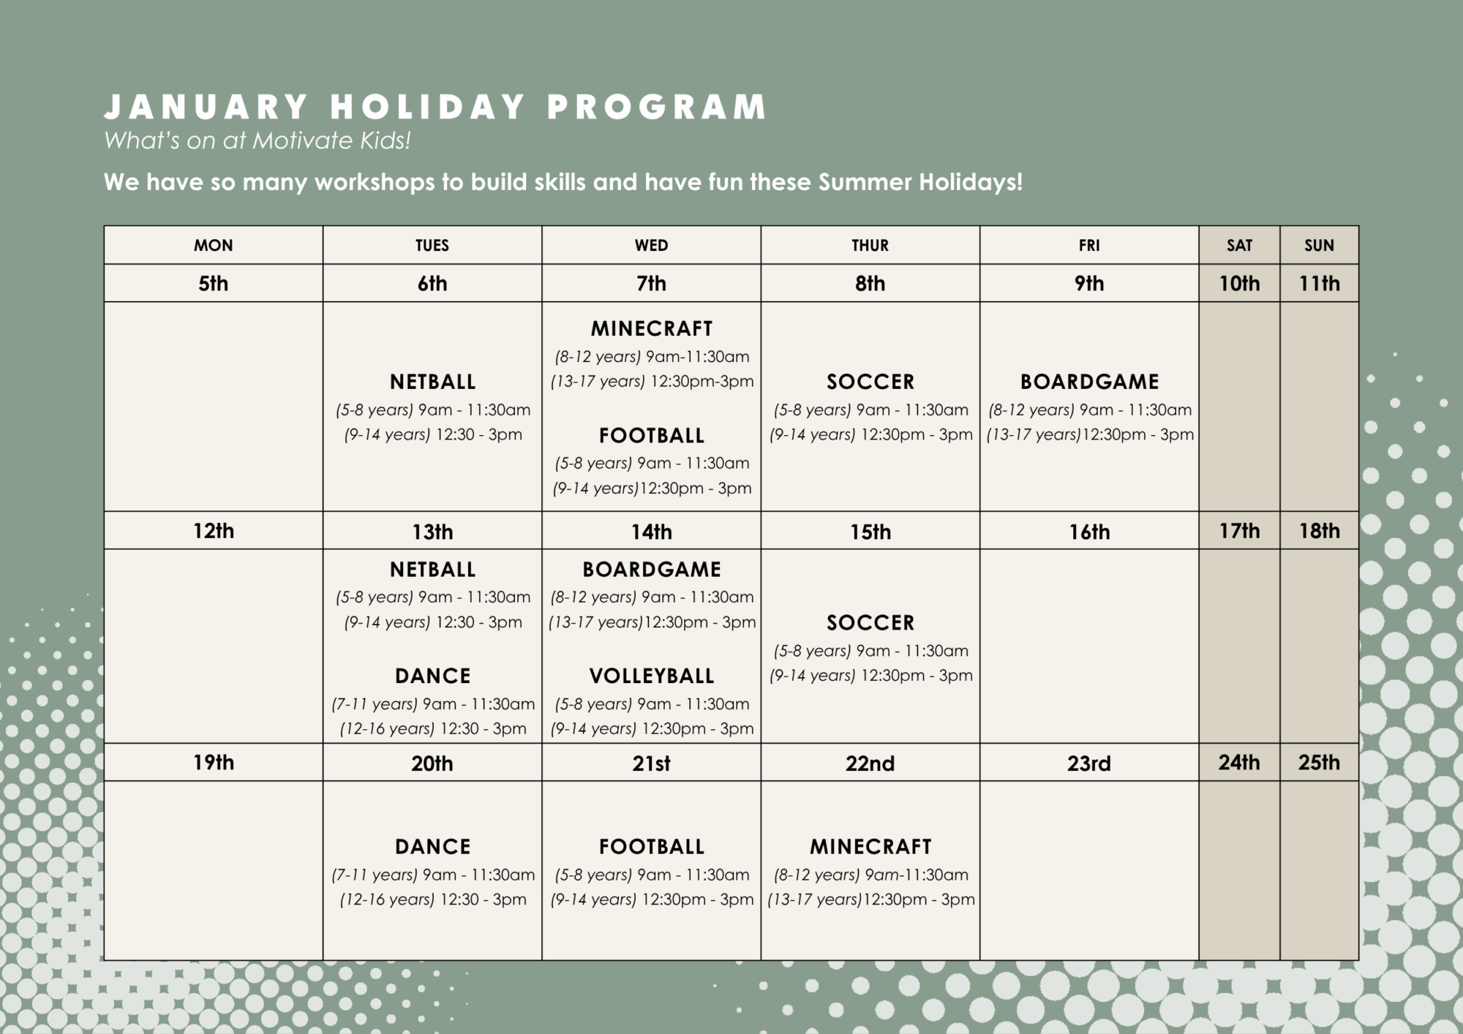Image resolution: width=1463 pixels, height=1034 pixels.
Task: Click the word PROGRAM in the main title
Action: [x=657, y=107]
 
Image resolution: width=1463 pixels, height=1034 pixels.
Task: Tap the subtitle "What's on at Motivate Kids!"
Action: [x=257, y=140]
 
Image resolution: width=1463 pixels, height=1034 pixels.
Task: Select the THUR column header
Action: [x=870, y=246]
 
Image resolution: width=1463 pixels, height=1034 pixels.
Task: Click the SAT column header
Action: [x=1239, y=246]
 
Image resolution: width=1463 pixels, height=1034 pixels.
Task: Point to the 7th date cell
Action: [x=651, y=283]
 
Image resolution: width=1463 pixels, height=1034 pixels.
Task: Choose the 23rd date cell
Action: [x=1089, y=763]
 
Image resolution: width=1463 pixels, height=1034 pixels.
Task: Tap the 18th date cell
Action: [x=1319, y=530]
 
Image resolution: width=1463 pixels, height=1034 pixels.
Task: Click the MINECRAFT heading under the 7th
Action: [x=652, y=329]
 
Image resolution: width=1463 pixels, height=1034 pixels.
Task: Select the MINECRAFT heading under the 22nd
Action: [x=870, y=847]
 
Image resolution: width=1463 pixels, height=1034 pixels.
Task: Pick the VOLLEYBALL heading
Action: [x=652, y=676]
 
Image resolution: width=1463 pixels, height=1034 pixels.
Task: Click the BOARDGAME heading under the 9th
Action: [x=1090, y=382]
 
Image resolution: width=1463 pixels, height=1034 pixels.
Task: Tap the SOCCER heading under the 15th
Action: [x=870, y=623]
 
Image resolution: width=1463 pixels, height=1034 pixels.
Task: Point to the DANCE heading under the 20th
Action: [x=433, y=847]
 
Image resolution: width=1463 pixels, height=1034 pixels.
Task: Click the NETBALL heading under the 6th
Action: [x=433, y=382]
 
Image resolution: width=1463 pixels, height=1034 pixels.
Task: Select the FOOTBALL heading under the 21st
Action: [x=652, y=847]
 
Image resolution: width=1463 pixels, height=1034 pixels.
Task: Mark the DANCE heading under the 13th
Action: [x=433, y=676]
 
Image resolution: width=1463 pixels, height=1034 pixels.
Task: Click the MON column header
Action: [x=214, y=246]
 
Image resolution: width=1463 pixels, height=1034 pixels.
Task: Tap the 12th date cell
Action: [x=214, y=530]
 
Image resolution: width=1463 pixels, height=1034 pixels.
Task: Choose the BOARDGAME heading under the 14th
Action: [x=652, y=570]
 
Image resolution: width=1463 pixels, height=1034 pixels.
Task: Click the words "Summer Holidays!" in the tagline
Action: [x=920, y=182]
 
